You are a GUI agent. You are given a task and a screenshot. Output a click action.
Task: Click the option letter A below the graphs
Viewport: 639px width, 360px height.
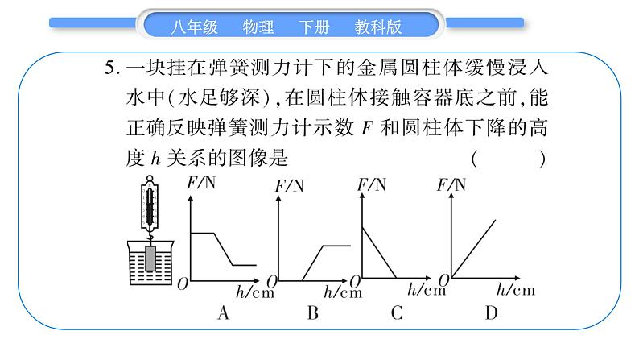[225, 313]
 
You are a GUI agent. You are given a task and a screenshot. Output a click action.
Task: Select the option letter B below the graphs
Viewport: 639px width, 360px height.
[313, 313]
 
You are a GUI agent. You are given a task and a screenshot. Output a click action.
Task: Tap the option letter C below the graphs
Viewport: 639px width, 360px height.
[396, 313]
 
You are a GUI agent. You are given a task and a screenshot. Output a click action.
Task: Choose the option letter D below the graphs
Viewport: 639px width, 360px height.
[491, 313]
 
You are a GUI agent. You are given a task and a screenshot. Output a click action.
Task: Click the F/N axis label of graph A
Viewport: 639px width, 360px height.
[201, 182]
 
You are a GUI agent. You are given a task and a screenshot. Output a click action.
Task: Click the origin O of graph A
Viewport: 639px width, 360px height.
[183, 283]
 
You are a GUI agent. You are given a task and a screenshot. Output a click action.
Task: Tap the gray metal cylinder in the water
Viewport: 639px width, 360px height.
[150, 259]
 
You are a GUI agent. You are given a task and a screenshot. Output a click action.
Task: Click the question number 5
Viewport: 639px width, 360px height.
[111, 68]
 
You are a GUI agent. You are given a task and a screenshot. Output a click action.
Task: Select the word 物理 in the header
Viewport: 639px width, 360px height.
[258, 26]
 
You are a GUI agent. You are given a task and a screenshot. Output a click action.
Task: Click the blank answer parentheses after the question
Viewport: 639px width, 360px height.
[509, 159]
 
